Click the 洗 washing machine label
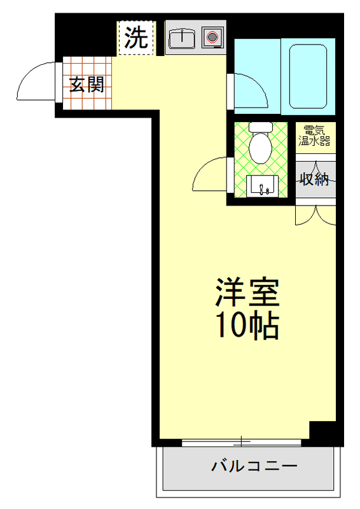(x=135, y=38)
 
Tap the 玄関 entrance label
(x=87, y=85)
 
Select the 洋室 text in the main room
(x=247, y=293)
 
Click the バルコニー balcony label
(x=254, y=467)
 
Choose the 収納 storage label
(x=314, y=179)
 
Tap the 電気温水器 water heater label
(x=314, y=136)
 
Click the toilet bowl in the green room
(x=260, y=147)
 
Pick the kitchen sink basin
(x=183, y=39)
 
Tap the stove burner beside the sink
(x=211, y=38)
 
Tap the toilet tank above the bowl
(x=260, y=127)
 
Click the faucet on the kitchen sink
(x=183, y=32)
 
